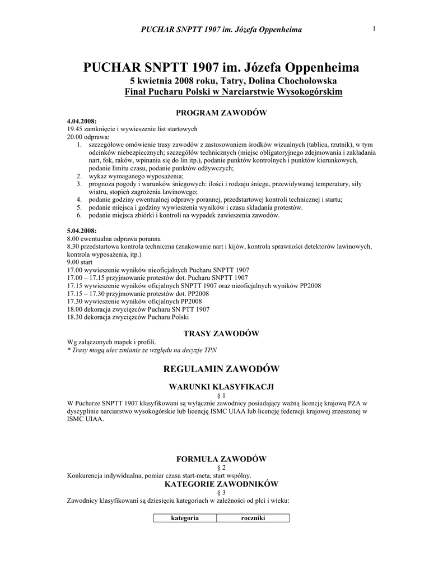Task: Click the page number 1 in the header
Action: [x=372, y=29]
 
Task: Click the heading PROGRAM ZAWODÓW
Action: [x=221, y=113]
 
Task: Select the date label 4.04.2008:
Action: [x=82, y=122]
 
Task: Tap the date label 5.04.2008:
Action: [x=82, y=230]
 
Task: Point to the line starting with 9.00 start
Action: [x=80, y=262]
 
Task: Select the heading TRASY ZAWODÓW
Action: [x=221, y=334]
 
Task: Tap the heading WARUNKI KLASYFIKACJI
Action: [x=221, y=387]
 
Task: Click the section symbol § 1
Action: [x=221, y=395]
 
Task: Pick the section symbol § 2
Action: [x=221, y=467]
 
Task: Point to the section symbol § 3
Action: [x=221, y=492]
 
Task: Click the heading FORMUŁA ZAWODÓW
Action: [x=221, y=459]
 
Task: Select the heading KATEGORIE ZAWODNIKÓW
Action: [x=221, y=483]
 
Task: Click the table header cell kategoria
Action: [x=185, y=518]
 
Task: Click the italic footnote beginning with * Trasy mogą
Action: [x=141, y=350]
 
